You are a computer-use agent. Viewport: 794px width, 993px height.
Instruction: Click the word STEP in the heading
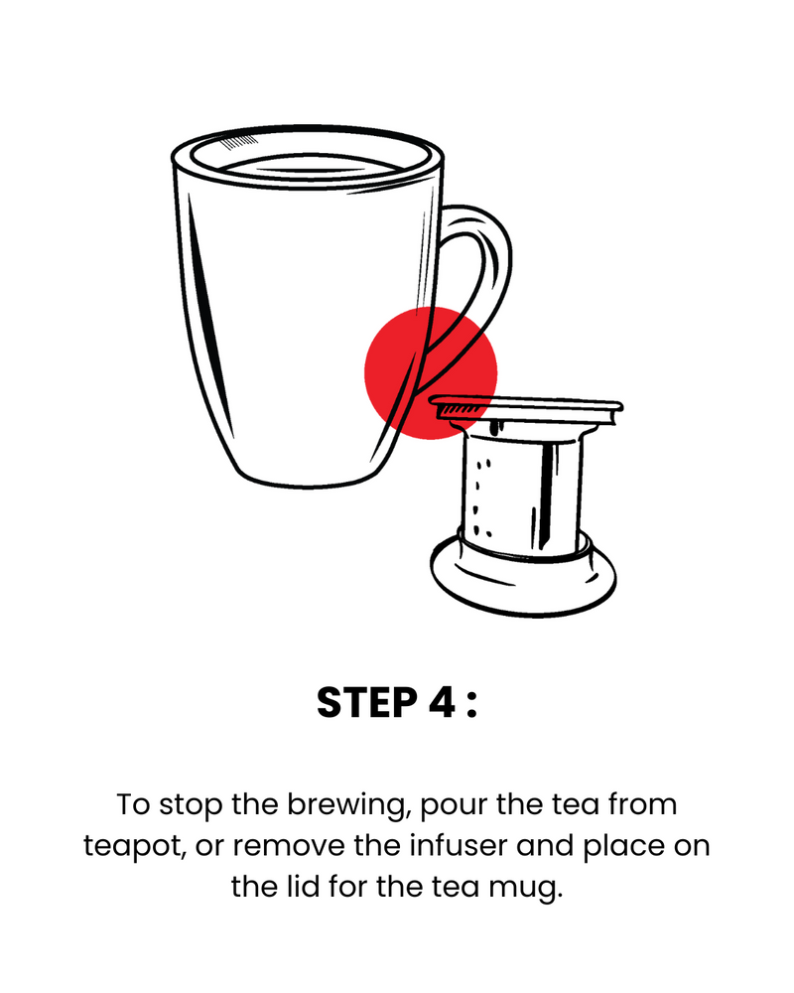click(x=367, y=702)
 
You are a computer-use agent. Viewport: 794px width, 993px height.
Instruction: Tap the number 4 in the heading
click(x=442, y=702)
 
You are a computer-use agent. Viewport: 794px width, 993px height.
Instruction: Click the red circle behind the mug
click(x=431, y=373)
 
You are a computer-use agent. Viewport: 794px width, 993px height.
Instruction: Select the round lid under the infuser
click(x=523, y=576)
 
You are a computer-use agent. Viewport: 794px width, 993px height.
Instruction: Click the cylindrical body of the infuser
click(x=522, y=494)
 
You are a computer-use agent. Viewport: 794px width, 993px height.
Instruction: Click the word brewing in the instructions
click(x=345, y=806)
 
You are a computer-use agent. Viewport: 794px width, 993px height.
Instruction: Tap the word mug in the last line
click(x=525, y=887)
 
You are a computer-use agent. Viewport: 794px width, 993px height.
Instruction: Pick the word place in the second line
click(x=623, y=847)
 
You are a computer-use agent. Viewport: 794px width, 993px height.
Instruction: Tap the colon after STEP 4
click(x=470, y=704)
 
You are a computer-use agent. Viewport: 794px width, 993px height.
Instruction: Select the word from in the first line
click(x=642, y=805)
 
